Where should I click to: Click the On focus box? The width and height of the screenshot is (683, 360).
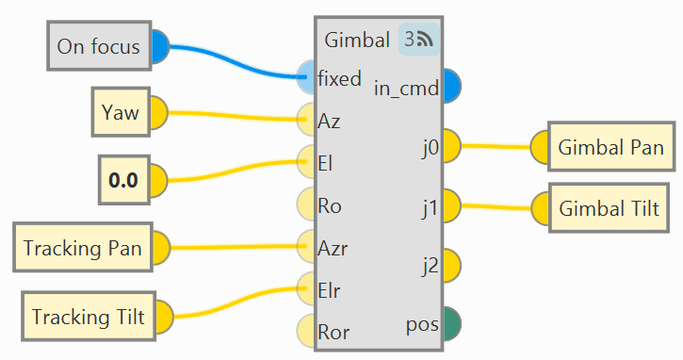coord(99,46)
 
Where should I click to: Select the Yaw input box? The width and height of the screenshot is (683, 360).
coord(121,112)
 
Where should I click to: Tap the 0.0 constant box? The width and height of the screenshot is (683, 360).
coord(124,180)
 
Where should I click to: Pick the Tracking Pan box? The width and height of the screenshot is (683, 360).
coord(83,248)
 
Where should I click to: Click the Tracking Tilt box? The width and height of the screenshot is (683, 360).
coord(89,317)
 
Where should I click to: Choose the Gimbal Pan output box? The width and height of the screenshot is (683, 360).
coord(611,147)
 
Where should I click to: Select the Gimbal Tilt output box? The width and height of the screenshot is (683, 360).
coord(609,208)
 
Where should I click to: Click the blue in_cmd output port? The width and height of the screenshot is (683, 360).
coord(452,86)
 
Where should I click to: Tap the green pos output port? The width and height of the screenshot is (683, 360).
coord(452,324)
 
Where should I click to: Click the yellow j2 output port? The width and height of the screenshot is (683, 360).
coord(452,266)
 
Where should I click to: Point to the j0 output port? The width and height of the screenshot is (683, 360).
coord(452,146)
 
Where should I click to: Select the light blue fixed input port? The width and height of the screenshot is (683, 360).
coord(306,77)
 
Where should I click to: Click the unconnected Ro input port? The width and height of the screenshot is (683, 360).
coord(306,204)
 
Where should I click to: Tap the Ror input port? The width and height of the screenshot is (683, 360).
coord(306,331)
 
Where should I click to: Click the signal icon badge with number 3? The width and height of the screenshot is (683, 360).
coord(418,40)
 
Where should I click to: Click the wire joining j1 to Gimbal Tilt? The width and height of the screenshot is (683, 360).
coord(496,206)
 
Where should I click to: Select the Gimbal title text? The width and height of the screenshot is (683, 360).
coord(357,41)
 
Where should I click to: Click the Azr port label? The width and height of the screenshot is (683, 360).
coord(333,249)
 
